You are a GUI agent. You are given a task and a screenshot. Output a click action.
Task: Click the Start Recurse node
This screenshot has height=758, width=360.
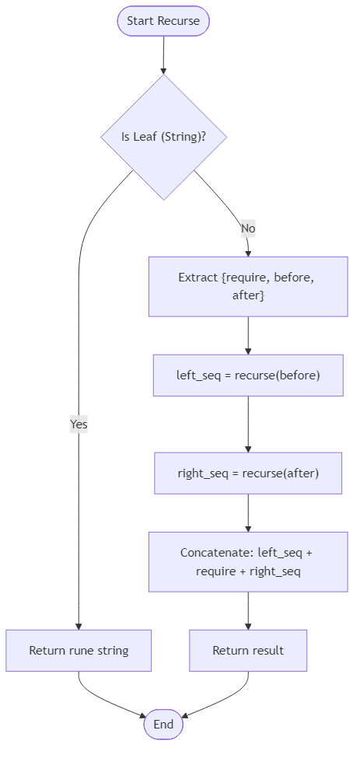163,21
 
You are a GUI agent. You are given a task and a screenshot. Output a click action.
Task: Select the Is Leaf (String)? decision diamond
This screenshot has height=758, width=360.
163,137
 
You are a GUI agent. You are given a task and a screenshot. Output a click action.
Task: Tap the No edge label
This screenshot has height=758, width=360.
248,229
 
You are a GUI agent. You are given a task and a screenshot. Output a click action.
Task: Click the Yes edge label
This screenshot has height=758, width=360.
79,424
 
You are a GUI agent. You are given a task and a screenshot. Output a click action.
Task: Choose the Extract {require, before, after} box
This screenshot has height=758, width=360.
248,287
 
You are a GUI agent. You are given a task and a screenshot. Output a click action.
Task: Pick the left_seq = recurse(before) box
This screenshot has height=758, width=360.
248,375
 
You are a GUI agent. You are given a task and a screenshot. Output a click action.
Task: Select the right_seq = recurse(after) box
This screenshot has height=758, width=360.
248,473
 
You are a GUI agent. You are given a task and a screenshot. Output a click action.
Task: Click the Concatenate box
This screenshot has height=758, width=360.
248,562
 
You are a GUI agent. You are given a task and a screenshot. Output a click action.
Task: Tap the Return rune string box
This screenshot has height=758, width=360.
79,650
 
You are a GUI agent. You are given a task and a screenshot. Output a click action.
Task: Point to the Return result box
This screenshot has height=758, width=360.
248,650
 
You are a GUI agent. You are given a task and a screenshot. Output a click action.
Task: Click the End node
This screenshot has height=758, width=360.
163,724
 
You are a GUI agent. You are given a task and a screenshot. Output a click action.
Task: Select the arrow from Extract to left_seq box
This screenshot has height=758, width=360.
248,335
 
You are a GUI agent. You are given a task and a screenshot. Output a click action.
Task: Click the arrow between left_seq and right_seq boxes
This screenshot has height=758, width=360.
248,424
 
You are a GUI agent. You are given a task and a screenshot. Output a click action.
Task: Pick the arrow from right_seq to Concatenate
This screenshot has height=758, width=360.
248,512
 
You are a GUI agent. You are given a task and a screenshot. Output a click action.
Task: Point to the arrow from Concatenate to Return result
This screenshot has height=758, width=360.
248,610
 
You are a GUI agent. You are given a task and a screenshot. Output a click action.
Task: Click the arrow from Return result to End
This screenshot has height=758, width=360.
225,700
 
